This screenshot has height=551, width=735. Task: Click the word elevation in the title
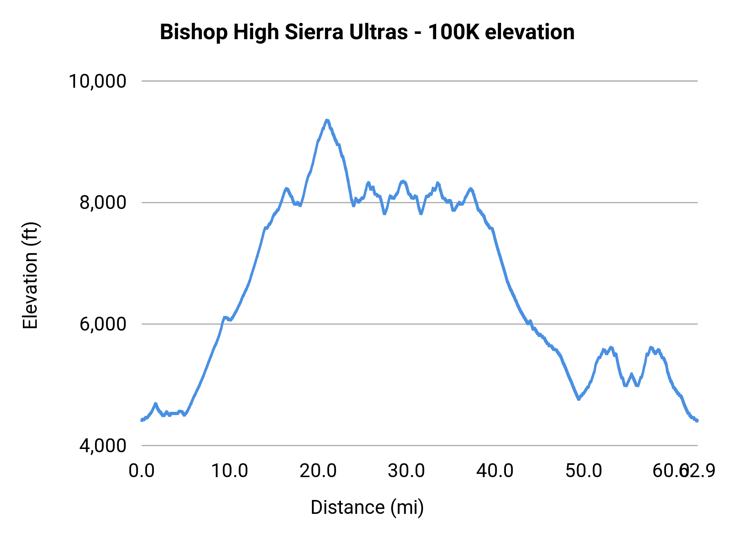click(530, 32)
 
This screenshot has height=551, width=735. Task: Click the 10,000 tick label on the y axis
click(97, 81)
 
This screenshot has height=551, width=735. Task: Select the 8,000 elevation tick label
click(103, 202)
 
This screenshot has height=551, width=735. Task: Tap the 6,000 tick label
click(103, 324)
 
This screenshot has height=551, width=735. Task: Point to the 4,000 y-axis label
click(103, 446)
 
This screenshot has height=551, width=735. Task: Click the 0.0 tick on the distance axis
click(141, 471)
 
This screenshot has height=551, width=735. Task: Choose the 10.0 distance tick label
click(229, 471)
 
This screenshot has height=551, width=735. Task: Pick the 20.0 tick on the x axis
click(318, 471)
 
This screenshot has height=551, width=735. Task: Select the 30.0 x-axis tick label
click(406, 471)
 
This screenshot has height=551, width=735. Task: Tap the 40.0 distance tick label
click(495, 471)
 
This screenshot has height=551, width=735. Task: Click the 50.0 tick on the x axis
click(584, 471)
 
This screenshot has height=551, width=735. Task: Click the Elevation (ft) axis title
click(30, 275)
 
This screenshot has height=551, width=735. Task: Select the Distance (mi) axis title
click(367, 507)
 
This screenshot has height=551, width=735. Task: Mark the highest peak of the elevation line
click(327, 120)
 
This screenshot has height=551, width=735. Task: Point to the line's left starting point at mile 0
click(142, 420)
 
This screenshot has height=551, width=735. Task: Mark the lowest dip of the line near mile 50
click(579, 399)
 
